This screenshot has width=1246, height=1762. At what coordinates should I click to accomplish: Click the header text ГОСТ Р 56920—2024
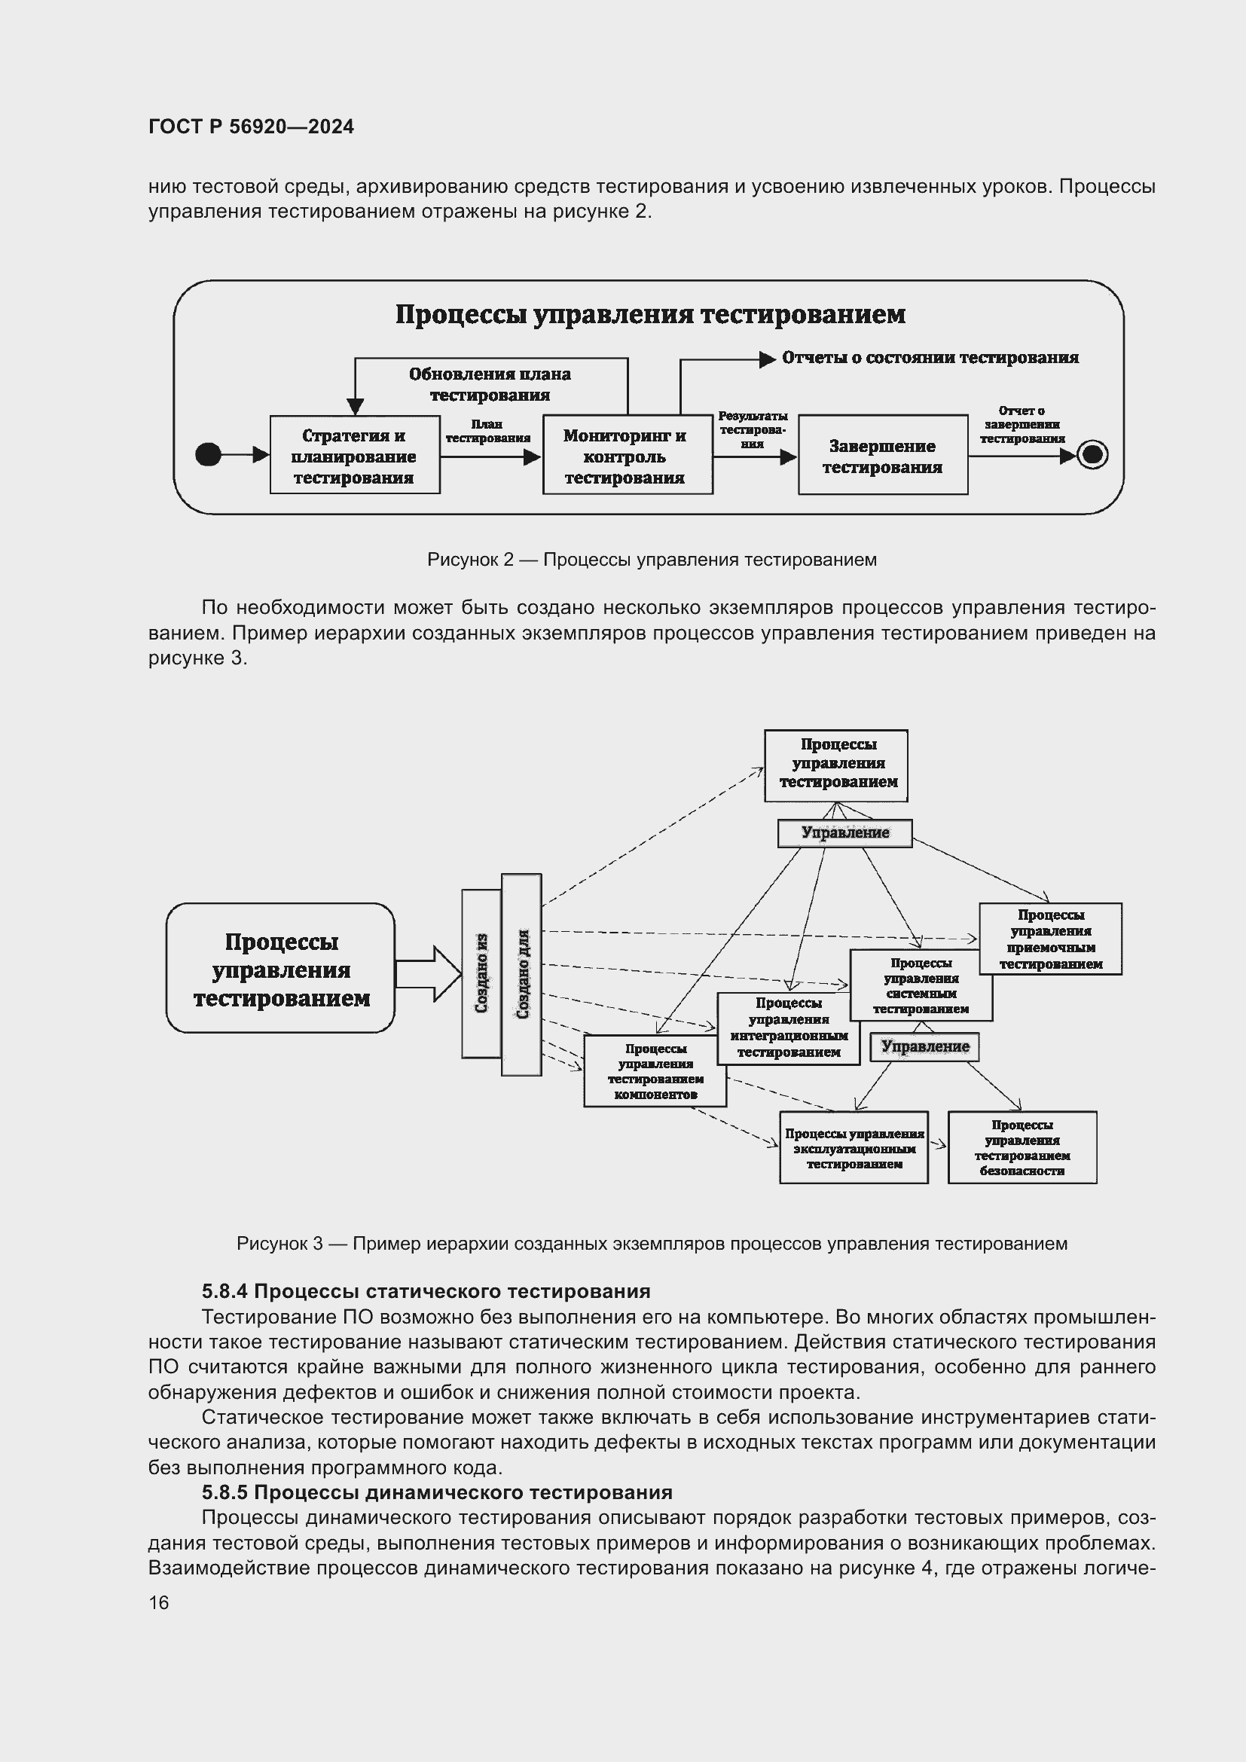(251, 127)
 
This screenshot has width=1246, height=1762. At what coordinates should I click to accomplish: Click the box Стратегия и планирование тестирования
(355, 456)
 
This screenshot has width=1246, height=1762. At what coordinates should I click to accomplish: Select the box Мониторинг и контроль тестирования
(626, 456)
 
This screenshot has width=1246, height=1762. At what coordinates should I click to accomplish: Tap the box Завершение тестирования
(882, 456)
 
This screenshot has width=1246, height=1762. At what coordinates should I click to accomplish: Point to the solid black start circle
(208, 454)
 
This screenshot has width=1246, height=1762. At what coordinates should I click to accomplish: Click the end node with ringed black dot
(1092, 454)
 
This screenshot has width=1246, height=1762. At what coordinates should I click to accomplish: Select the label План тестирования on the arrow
(487, 432)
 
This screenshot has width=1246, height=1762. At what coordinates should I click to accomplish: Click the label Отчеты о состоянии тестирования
(930, 358)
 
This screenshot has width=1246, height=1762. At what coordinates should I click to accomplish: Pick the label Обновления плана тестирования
(490, 384)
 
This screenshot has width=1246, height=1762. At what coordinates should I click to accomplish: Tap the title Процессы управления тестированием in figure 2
(650, 315)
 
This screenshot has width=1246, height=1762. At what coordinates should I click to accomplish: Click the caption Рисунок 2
(651, 560)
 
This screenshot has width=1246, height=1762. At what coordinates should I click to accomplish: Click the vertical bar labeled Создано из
(481, 973)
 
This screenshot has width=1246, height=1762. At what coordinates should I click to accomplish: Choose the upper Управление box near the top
(844, 833)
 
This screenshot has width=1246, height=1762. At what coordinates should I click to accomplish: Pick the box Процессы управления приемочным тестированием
(1049, 939)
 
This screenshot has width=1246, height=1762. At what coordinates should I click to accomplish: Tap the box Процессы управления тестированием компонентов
(655, 1071)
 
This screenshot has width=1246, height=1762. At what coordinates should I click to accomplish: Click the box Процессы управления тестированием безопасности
(1022, 1147)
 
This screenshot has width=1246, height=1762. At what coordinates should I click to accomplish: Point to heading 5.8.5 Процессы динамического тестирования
(437, 1492)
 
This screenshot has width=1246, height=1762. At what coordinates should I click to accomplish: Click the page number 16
(159, 1602)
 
